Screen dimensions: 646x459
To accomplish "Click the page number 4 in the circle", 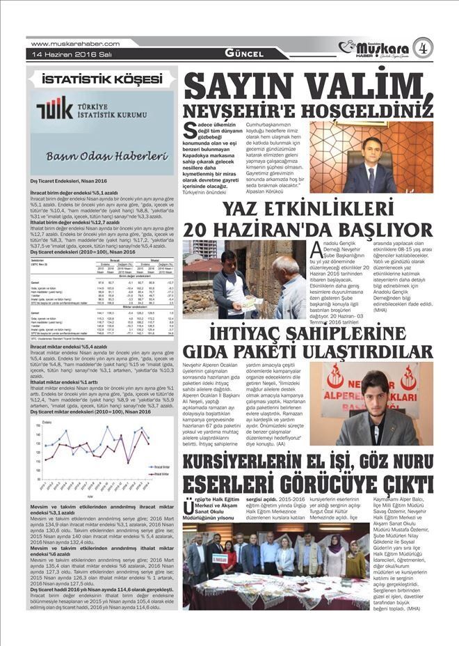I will pos(422,47).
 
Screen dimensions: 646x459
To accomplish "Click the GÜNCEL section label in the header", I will pos(243,53).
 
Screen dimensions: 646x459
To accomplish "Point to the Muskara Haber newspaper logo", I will pos(373,47).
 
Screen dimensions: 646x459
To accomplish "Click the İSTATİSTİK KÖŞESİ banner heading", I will pos(103,78).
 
